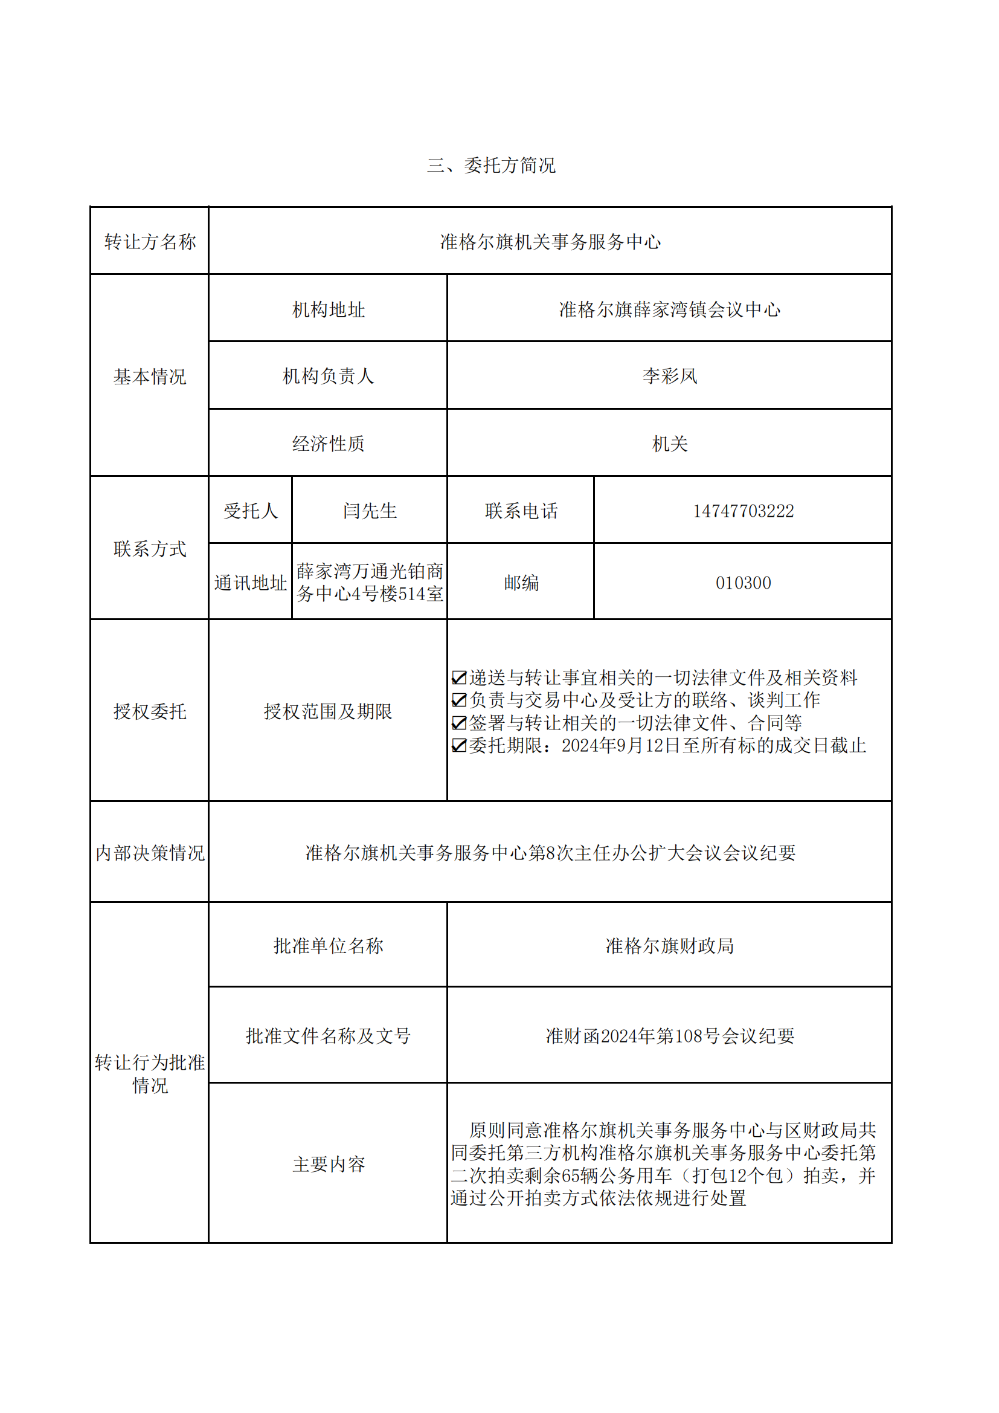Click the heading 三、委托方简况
click(x=491, y=166)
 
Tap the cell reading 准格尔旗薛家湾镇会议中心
click(x=669, y=309)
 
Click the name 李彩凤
click(x=669, y=376)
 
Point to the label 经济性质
click(x=328, y=444)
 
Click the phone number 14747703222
click(x=743, y=511)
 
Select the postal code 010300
click(x=743, y=583)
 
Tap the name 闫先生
click(x=370, y=511)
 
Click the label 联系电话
click(x=521, y=511)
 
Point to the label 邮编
click(x=521, y=583)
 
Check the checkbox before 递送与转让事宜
click(x=459, y=677)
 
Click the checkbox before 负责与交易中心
click(x=459, y=700)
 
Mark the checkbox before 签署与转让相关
click(x=459, y=722)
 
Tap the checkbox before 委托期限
click(x=459, y=745)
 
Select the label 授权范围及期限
click(x=328, y=711)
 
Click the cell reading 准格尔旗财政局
click(x=669, y=946)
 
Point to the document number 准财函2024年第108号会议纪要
click(x=669, y=1036)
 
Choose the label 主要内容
click(x=328, y=1165)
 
